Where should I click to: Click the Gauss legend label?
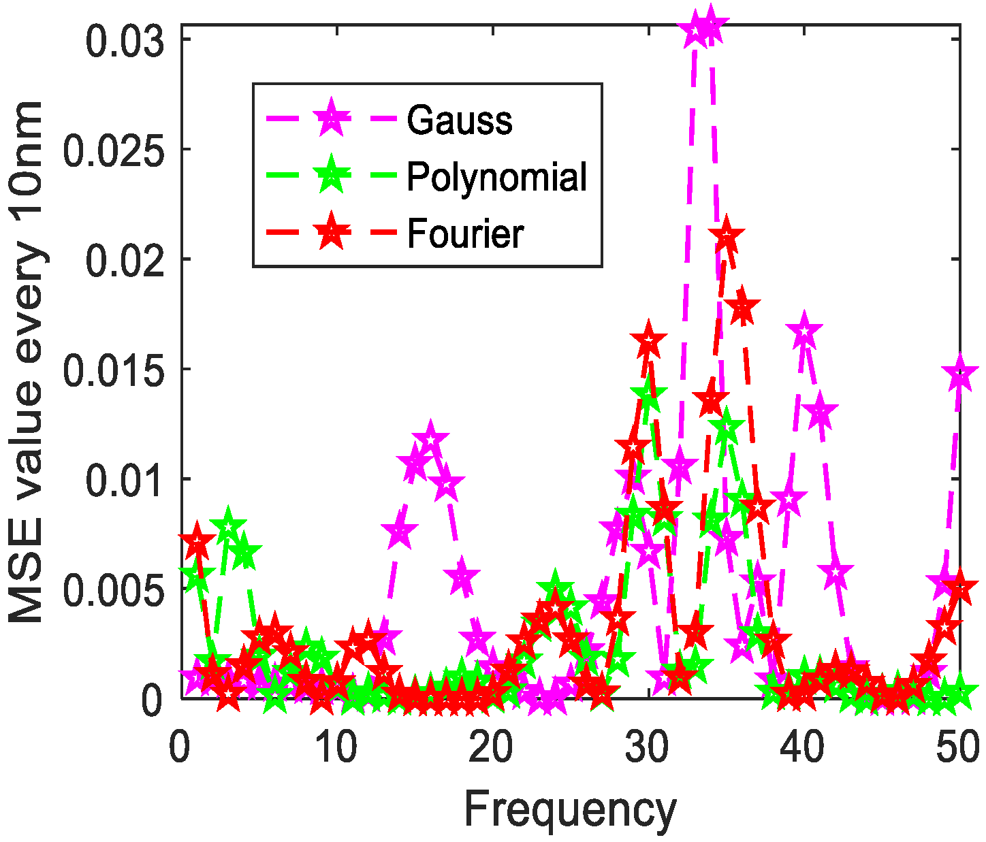[x=460, y=120]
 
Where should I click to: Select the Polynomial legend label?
[x=496, y=178]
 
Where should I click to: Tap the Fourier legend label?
[x=465, y=234]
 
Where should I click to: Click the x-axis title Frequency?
[x=570, y=811]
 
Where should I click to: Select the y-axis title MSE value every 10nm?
[x=28, y=361]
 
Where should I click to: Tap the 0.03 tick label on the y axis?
[x=125, y=40]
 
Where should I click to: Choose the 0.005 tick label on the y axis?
[x=114, y=589]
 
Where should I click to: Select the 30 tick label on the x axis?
[x=649, y=747]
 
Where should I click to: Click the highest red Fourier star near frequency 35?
[x=727, y=237]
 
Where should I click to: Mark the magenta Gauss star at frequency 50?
[x=960, y=374]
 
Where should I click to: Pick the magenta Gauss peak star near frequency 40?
[x=805, y=332]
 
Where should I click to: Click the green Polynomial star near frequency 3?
[x=228, y=527]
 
